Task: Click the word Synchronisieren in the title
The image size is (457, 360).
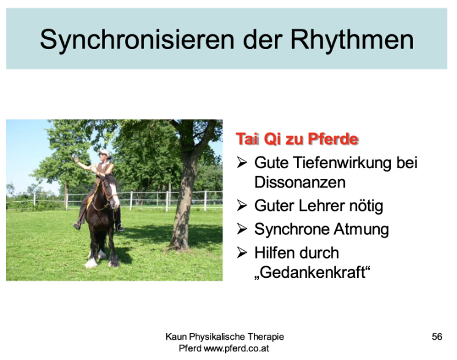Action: point(137,39)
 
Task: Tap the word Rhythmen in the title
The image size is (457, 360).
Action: point(352,39)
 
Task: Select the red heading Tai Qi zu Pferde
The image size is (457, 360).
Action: point(297,139)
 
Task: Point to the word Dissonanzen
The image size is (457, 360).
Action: point(300,183)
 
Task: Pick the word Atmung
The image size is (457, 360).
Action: point(361,229)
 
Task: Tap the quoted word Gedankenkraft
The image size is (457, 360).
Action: point(312,273)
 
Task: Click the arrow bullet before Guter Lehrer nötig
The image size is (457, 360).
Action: point(242,205)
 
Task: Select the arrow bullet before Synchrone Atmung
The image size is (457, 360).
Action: point(242,229)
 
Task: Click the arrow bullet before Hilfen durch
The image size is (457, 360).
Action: point(242,253)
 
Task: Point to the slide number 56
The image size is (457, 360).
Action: point(437,337)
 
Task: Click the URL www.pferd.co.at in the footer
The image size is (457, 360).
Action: point(236,348)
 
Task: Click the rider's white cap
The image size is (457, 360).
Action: point(105,152)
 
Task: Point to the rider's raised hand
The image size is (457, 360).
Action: point(75,159)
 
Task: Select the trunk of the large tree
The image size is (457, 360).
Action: point(182,204)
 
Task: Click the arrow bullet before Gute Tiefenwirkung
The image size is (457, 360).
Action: point(242,162)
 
